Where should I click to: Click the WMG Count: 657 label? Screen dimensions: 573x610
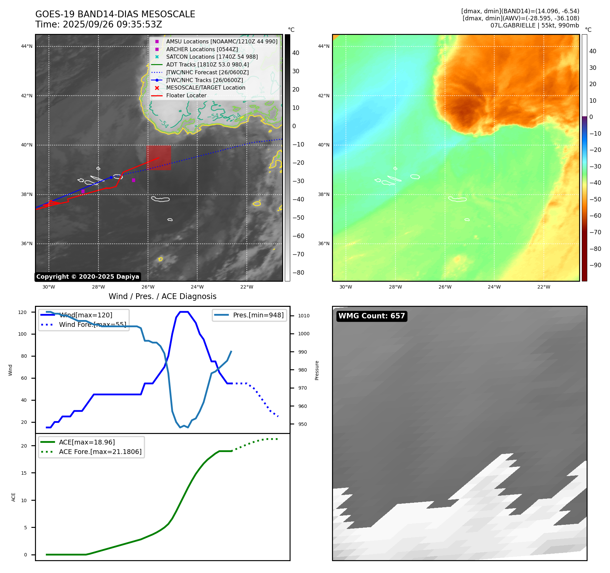point(372,316)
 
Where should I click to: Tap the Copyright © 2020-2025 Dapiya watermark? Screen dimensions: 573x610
point(88,277)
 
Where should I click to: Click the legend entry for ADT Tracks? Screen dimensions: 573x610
point(207,64)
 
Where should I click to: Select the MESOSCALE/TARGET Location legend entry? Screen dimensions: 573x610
point(205,87)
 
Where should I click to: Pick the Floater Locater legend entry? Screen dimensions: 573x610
point(186,95)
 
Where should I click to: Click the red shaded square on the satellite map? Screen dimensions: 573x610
point(159,158)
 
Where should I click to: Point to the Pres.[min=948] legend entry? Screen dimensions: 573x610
point(258,315)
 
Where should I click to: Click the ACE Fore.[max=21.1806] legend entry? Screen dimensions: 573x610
point(100,452)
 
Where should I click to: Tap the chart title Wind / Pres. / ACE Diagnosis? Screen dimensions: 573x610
point(162,296)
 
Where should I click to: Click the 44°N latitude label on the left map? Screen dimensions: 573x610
point(27,46)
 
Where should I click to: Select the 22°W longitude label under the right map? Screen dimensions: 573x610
point(543,287)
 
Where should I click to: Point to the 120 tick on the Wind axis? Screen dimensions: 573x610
point(22,312)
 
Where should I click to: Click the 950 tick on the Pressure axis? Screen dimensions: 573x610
point(302,424)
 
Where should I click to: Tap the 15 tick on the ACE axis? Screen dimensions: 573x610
point(24,473)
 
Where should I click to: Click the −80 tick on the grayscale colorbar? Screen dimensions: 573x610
point(298,273)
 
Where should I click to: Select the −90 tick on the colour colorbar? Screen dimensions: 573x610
point(595,265)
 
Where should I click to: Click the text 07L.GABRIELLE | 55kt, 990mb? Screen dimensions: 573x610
point(535,25)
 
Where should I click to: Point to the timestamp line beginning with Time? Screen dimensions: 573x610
point(99,24)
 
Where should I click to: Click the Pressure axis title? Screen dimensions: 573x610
point(317,370)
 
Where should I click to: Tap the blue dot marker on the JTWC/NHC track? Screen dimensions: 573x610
point(111,177)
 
